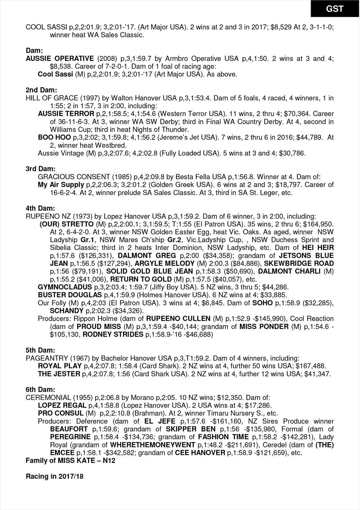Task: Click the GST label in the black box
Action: (x=335, y=9)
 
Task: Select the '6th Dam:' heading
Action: (x=41, y=389)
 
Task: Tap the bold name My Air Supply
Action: (x=60, y=184)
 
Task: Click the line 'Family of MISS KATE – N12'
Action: (x=70, y=461)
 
